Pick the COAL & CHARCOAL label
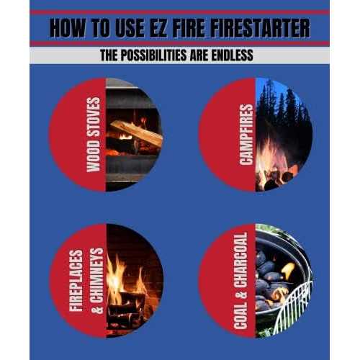click(x=242, y=280)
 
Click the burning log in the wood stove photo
click(x=137, y=133)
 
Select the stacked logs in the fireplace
click(x=130, y=306)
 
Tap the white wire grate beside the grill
click(x=299, y=306)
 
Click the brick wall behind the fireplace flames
click(x=140, y=248)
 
